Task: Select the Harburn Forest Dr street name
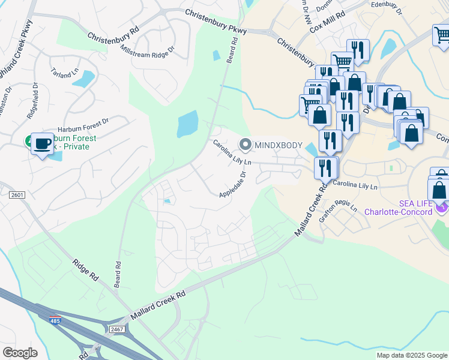(x=83, y=127)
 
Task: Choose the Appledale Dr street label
(x=234, y=186)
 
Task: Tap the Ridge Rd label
(x=85, y=271)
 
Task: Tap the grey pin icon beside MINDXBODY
(x=245, y=145)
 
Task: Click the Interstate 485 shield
(x=56, y=319)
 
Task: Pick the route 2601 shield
(x=17, y=194)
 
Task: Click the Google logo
(x=20, y=352)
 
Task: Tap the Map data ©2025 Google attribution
(x=411, y=355)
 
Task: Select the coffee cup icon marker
(x=41, y=143)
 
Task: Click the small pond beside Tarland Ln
(x=85, y=79)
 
